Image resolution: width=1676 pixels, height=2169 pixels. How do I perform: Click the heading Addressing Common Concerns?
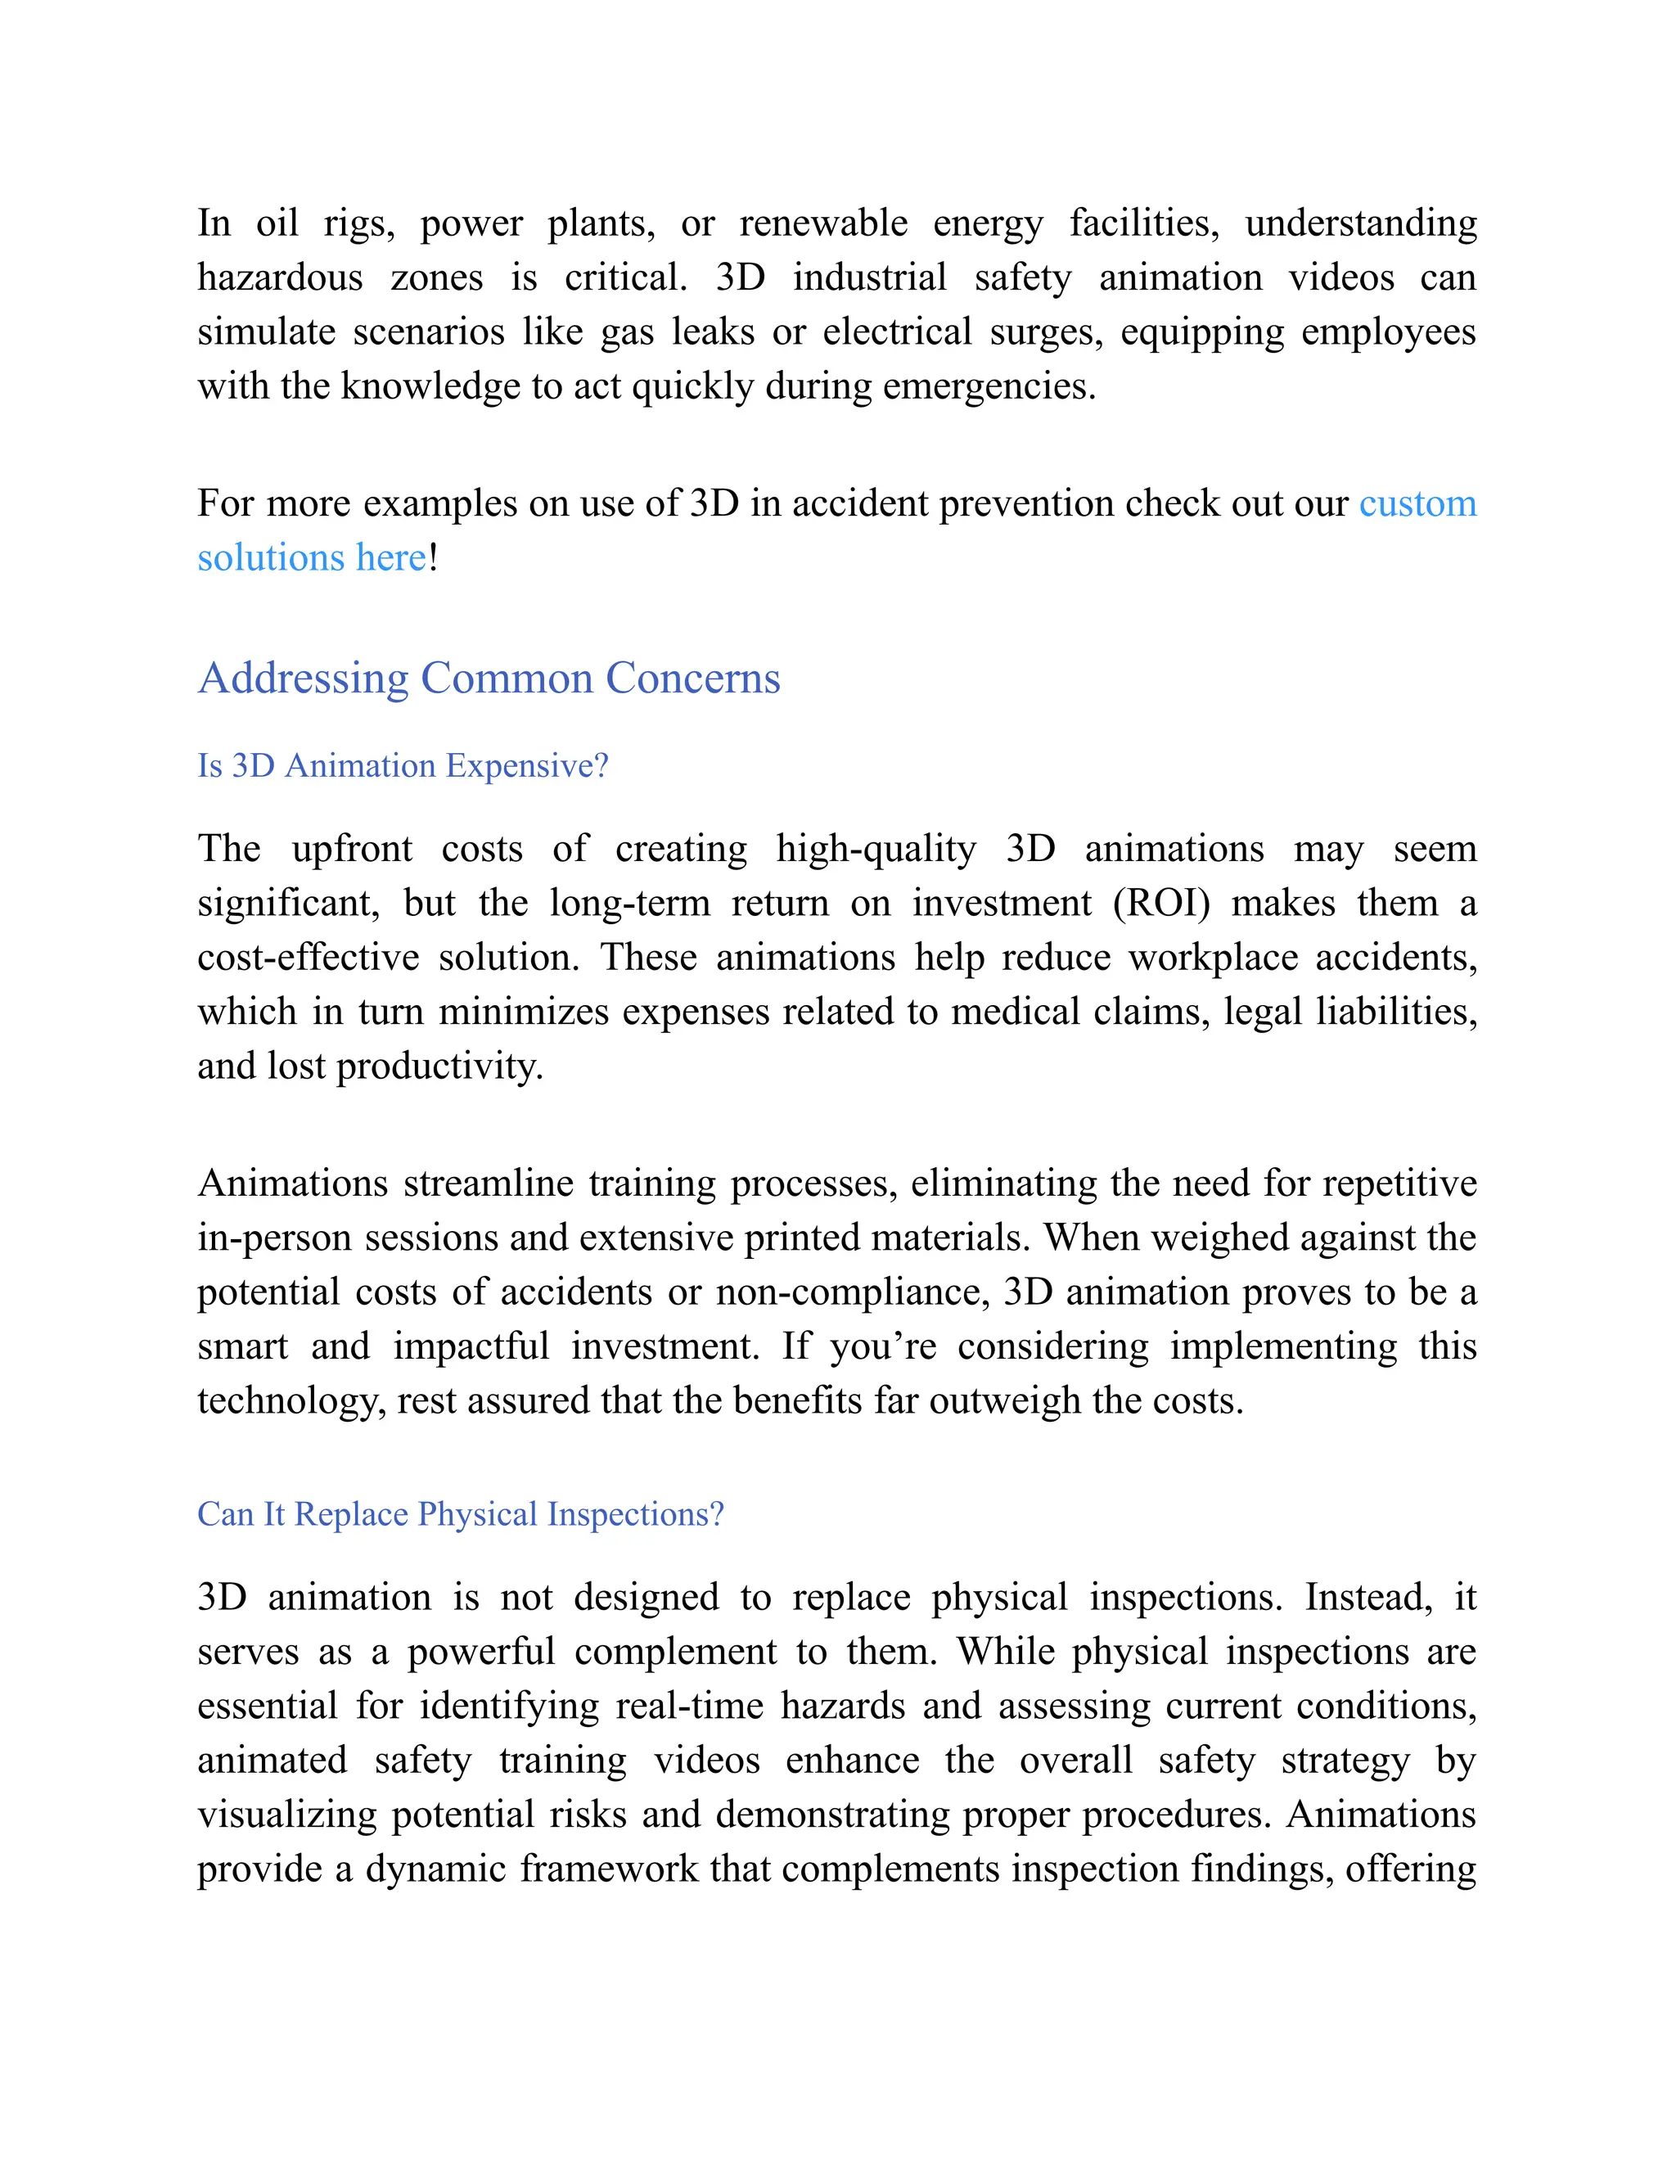[x=489, y=679]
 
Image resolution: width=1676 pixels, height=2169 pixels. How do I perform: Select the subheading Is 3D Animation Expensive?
[x=402, y=766]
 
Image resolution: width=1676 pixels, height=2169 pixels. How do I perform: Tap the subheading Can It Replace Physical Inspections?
[x=461, y=1513]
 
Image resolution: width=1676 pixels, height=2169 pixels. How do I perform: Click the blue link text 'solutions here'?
[x=312, y=558]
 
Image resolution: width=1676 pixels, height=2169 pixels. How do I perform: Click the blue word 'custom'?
[x=1417, y=503]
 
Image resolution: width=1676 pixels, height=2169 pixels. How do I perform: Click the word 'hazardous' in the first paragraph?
[x=280, y=277]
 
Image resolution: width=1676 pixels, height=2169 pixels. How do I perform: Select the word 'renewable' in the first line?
[x=823, y=223]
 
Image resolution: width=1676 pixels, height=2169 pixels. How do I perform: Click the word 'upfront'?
[x=351, y=849]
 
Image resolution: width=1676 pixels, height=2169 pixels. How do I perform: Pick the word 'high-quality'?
[x=876, y=849]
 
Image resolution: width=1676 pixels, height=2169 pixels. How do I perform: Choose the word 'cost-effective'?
[x=308, y=958]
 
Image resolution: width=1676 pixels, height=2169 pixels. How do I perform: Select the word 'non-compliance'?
[x=852, y=1292]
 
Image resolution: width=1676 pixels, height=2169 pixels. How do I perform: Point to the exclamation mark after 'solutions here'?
[x=433, y=558]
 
